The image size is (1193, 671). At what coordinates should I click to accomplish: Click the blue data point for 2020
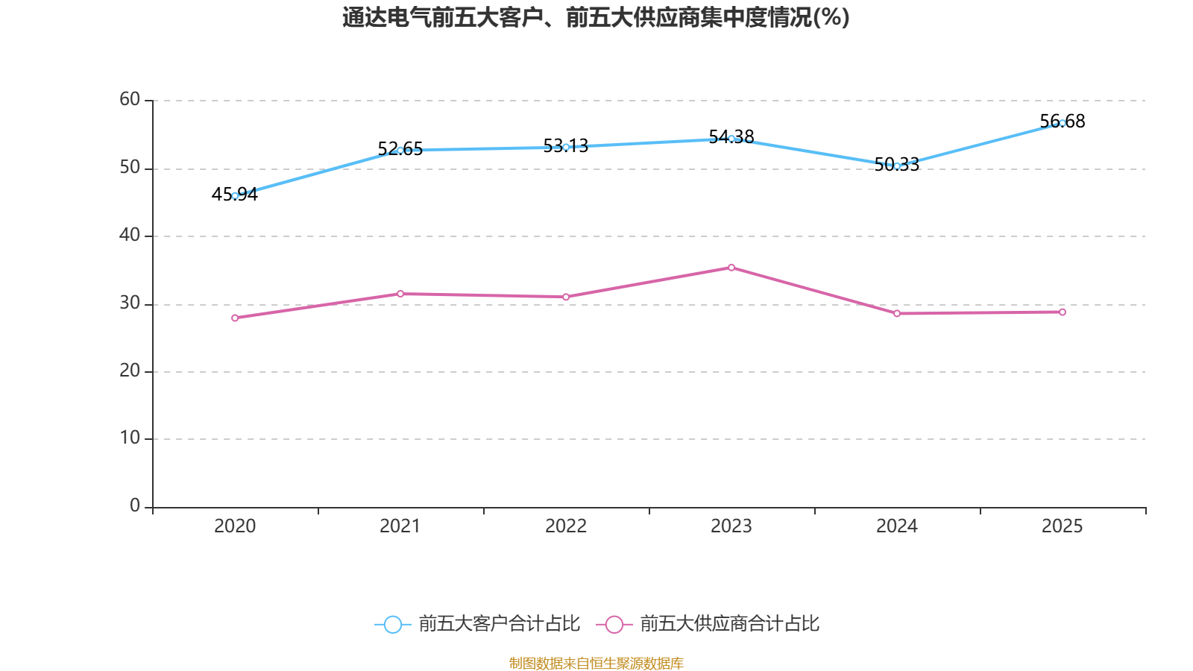pyautogui.click(x=235, y=196)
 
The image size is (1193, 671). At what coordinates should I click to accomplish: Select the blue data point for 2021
pyautogui.click(x=400, y=150)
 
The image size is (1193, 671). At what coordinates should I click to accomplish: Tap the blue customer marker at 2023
pyautogui.click(x=731, y=139)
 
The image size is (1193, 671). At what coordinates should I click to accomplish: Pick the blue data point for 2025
pyautogui.click(x=1063, y=123)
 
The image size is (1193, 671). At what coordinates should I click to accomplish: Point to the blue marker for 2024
pyautogui.click(x=897, y=166)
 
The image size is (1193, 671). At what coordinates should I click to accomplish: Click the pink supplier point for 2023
pyautogui.click(x=731, y=268)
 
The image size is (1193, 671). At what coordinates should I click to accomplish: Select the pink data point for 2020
pyautogui.click(x=235, y=318)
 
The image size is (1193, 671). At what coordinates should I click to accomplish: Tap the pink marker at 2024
pyautogui.click(x=897, y=314)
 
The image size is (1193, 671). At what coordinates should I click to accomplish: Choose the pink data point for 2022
pyautogui.click(x=566, y=297)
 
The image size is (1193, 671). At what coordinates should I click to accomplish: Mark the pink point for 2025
pyautogui.click(x=1063, y=312)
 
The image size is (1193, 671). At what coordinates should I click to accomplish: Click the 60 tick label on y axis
pyautogui.click(x=130, y=100)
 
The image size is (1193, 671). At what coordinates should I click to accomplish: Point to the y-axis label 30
pyautogui.click(x=130, y=303)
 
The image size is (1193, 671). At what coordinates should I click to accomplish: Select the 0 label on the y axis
pyautogui.click(x=135, y=506)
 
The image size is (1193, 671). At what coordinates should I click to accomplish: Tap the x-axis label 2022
pyautogui.click(x=566, y=526)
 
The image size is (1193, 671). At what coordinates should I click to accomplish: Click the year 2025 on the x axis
pyautogui.click(x=1062, y=526)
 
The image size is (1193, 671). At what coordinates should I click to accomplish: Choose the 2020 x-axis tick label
pyautogui.click(x=235, y=526)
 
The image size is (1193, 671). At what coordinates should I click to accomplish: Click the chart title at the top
pyautogui.click(x=596, y=17)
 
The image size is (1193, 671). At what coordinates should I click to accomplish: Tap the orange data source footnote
pyautogui.click(x=596, y=663)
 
